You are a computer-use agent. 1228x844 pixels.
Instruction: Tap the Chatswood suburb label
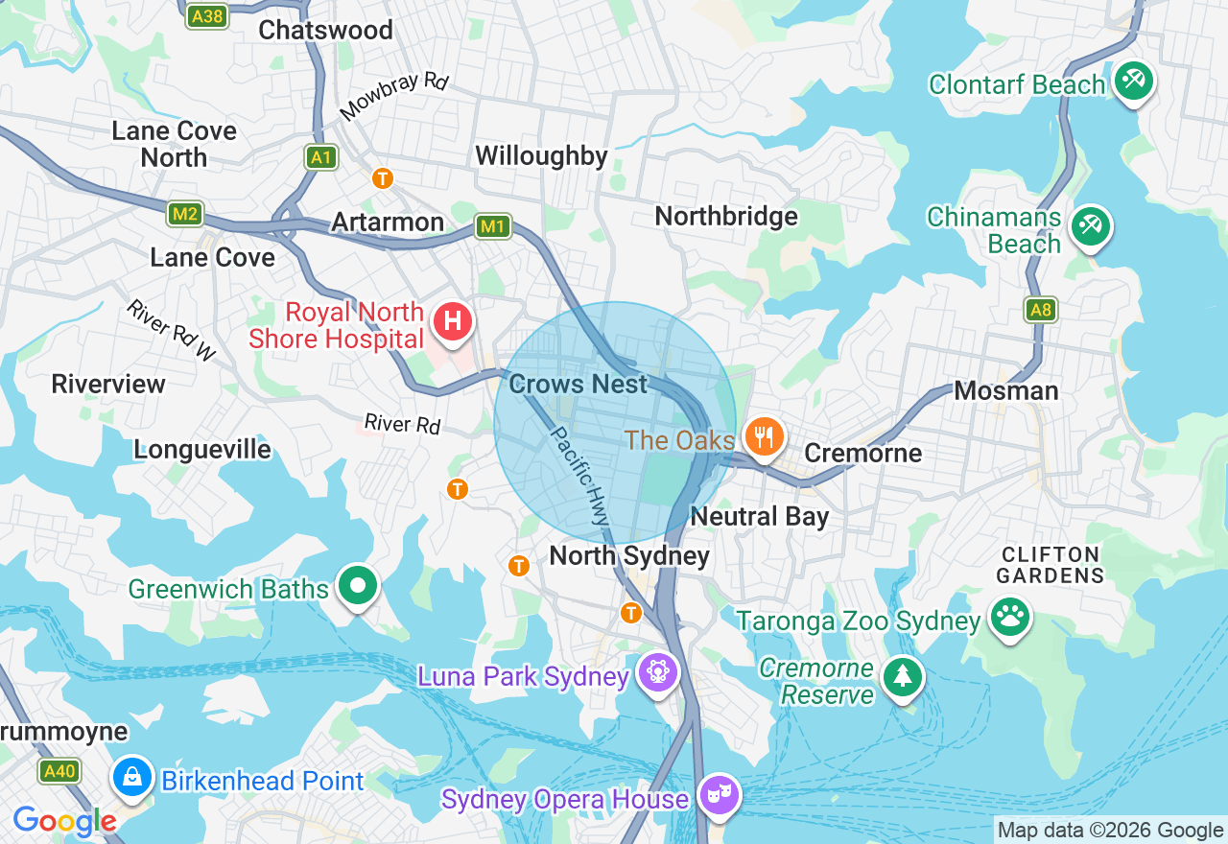click(x=325, y=30)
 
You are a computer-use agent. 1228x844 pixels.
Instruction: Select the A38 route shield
click(x=206, y=15)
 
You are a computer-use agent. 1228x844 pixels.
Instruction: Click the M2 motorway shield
click(x=184, y=213)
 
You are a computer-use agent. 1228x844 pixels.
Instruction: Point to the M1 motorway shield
click(x=492, y=226)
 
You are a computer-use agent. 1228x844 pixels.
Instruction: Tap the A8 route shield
click(x=1040, y=309)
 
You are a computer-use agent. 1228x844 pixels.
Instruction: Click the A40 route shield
click(x=59, y=770)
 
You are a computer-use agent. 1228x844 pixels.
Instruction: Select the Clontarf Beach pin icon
click(x=1134, y=81)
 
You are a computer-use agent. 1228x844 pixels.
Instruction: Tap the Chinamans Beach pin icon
click(x=1090, y=226)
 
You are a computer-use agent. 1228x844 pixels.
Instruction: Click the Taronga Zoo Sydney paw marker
click(x=1009, y=617)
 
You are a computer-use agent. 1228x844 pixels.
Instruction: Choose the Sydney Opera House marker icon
click(x=718, y=794)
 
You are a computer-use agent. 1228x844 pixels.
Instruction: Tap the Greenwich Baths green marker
click(x=359, y=584)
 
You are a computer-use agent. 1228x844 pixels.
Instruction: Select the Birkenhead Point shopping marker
click(x=132, y=776)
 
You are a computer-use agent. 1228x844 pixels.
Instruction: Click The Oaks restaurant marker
click(x=764, y=437)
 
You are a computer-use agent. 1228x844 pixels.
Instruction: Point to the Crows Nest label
click(x=578, y=384)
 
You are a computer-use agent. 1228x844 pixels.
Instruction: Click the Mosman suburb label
click(x=1005, y=390)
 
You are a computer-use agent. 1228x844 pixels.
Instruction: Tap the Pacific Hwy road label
click(x=579, y=476)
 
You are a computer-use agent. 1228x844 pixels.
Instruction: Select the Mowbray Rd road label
click(x=393, y=97)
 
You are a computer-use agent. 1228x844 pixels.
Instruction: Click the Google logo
click(x=64, y=821)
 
